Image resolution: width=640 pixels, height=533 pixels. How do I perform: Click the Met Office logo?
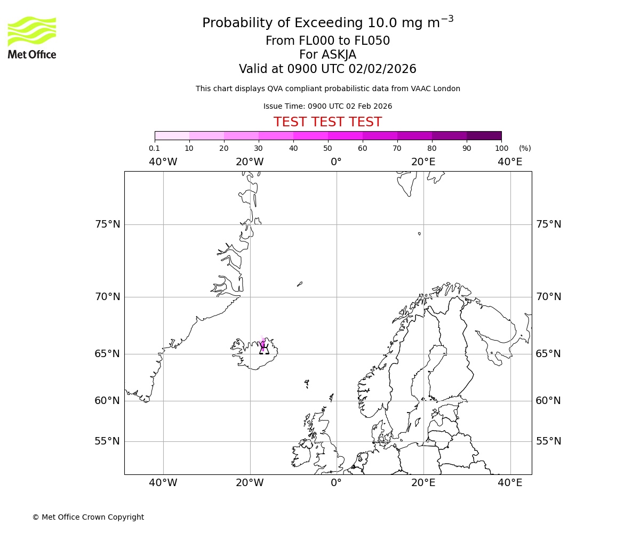point(32,37)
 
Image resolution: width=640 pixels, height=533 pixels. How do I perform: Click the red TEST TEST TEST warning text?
point(327,122)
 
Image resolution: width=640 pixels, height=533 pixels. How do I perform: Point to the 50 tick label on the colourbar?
point(327,148)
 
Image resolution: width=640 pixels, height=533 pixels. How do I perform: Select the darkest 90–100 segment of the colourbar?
point(484,135)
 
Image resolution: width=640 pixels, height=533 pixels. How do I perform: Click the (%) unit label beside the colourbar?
point(525,148)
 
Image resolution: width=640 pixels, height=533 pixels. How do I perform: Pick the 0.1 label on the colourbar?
point(154,148)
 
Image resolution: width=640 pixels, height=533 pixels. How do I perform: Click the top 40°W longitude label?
point(163,162)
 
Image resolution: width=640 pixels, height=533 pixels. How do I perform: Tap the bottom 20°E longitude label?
point(423,483)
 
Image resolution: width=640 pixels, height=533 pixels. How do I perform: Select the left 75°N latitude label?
point(108,224)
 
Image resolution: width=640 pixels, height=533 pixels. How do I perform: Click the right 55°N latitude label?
point(548,441)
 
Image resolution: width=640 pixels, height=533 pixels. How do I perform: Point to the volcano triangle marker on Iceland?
point(264,350)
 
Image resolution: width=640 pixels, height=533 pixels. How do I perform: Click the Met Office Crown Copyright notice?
point(88,517)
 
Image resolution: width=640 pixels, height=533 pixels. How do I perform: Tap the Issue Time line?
point(327,106)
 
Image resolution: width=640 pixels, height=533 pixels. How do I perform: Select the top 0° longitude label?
point(336,162)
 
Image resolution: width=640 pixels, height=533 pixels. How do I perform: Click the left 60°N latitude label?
point(108,401)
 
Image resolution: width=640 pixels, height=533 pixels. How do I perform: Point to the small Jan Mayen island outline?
point(300,284)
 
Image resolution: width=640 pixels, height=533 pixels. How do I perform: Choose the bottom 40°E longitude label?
point(510,483)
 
